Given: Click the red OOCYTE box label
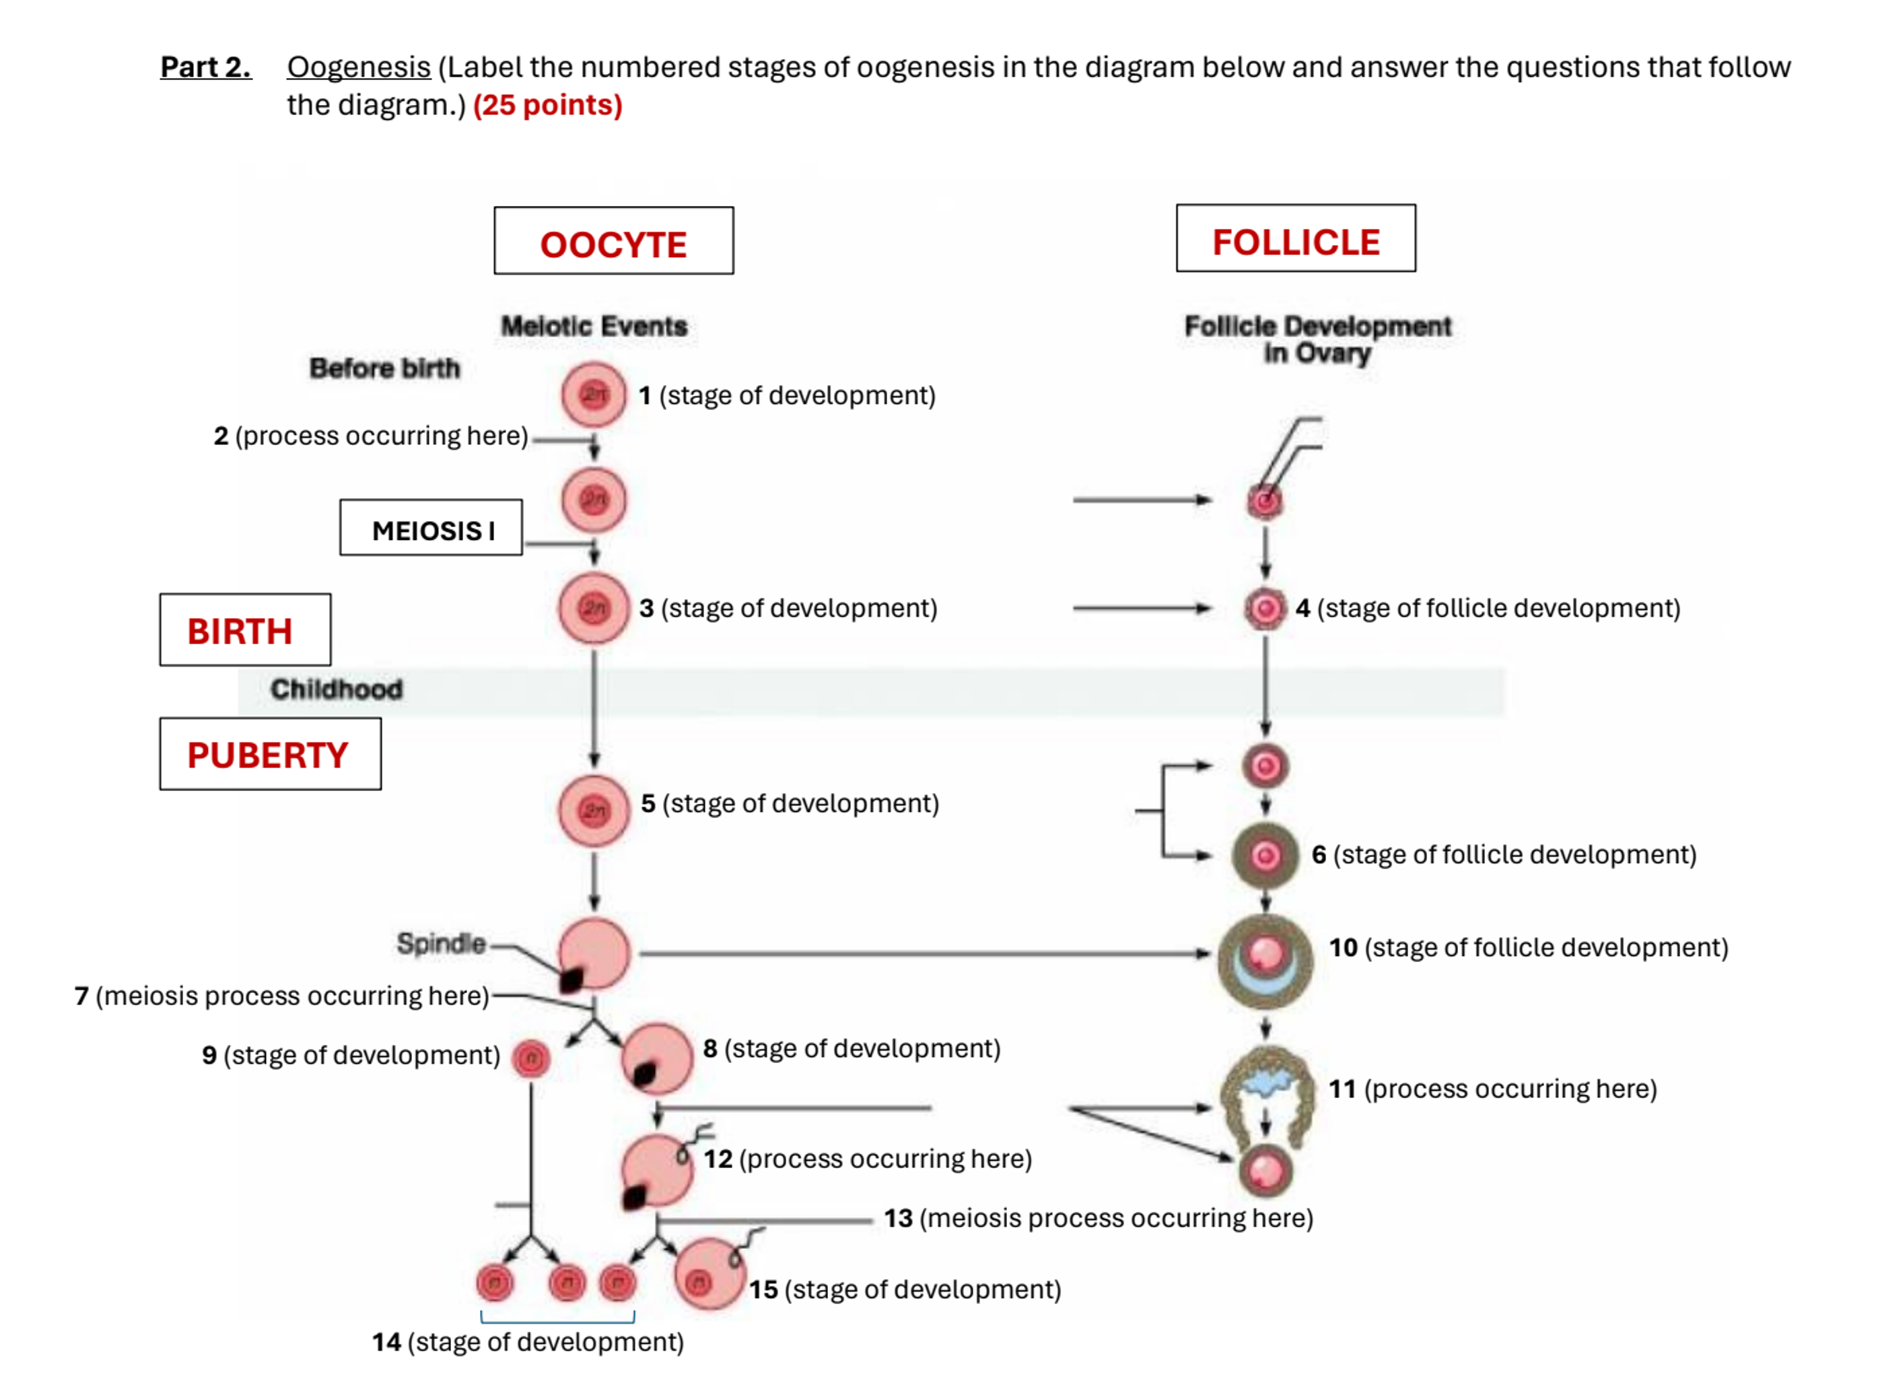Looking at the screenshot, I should (613, 244).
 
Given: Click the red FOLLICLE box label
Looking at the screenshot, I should (1295, 242).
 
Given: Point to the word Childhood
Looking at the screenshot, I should (336, 689).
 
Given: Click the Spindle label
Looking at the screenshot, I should (440, 943).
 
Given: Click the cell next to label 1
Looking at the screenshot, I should (594, 394).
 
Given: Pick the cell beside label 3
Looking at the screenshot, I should (594, 607).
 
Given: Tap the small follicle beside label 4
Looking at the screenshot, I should (1265, 608).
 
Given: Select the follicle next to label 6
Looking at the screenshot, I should (1265, 856).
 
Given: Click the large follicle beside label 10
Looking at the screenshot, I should (1265, 960).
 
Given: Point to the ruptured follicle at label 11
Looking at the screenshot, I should (1265, 1091).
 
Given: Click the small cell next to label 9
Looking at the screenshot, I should (531, 1058).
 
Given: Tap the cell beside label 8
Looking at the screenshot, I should (657, 1058).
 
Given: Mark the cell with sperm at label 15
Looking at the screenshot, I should (709, 1273).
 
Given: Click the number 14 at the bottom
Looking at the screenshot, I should (386, 1341).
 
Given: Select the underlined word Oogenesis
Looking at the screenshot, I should (359, 67).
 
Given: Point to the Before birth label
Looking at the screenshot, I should (385, 368).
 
